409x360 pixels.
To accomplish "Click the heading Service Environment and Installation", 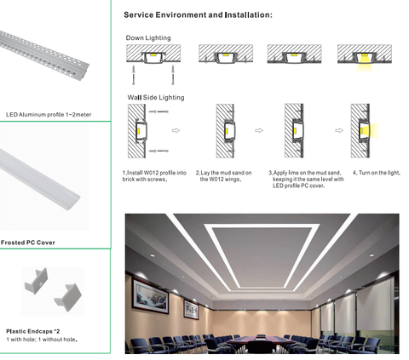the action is [x=198, y=15].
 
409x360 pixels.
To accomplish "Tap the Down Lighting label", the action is [x=148, y=38].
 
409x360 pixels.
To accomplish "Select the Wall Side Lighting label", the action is [x=156, y=98].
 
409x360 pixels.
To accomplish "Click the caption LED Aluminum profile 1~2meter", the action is [x=49, y=115].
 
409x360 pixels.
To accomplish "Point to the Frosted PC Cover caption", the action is [x=28, y=243].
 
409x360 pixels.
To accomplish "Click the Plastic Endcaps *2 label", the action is [x=33, y=331].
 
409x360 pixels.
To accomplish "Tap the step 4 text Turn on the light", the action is [x=377, y=173].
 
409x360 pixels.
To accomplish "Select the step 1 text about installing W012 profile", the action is [x=154, y=176].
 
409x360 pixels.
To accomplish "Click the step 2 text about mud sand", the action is [x=223, y=176].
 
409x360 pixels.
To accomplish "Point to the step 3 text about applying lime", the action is [x=306, y=180].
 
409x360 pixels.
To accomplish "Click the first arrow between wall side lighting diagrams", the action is [x=176, y=130].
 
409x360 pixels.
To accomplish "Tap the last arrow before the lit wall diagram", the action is [x=339, y=130].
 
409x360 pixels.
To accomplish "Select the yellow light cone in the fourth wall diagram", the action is [x=370, y=130].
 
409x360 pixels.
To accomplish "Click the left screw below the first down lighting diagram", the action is [x=133, y=75].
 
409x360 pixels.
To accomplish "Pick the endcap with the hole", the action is [x=37, y=281].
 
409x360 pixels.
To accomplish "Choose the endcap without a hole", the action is [x=68, y=297].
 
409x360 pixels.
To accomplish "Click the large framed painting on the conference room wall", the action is [x=151, y=295].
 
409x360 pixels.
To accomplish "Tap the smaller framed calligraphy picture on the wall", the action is [x=192, y=309].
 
